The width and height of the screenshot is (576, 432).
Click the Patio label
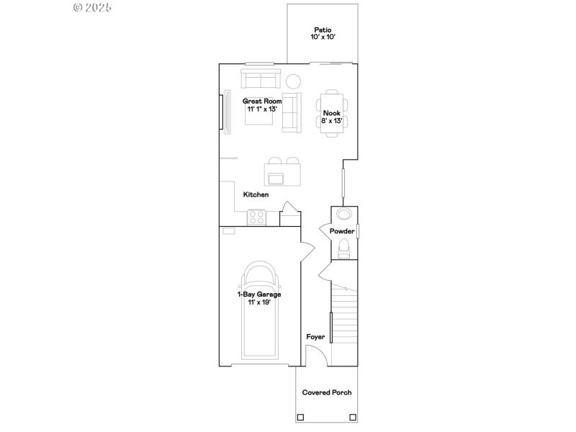(322, 30)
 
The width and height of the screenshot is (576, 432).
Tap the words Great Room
(262, 102)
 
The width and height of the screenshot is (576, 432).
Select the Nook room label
(331, 113)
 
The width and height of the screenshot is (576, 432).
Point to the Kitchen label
(256, 194)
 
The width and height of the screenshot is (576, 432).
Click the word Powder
(342, 231)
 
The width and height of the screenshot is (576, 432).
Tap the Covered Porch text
(327, 392)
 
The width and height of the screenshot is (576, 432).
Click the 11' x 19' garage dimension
(259, 302)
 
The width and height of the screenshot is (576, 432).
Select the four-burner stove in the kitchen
(256, 217)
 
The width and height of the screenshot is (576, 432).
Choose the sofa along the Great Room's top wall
(261, 78)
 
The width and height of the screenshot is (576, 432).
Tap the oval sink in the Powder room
(343, 215)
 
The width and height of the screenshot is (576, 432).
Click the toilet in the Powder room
(343, 249)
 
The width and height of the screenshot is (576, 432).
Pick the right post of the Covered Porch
(352, 417)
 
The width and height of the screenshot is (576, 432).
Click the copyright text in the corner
(94, 7)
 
